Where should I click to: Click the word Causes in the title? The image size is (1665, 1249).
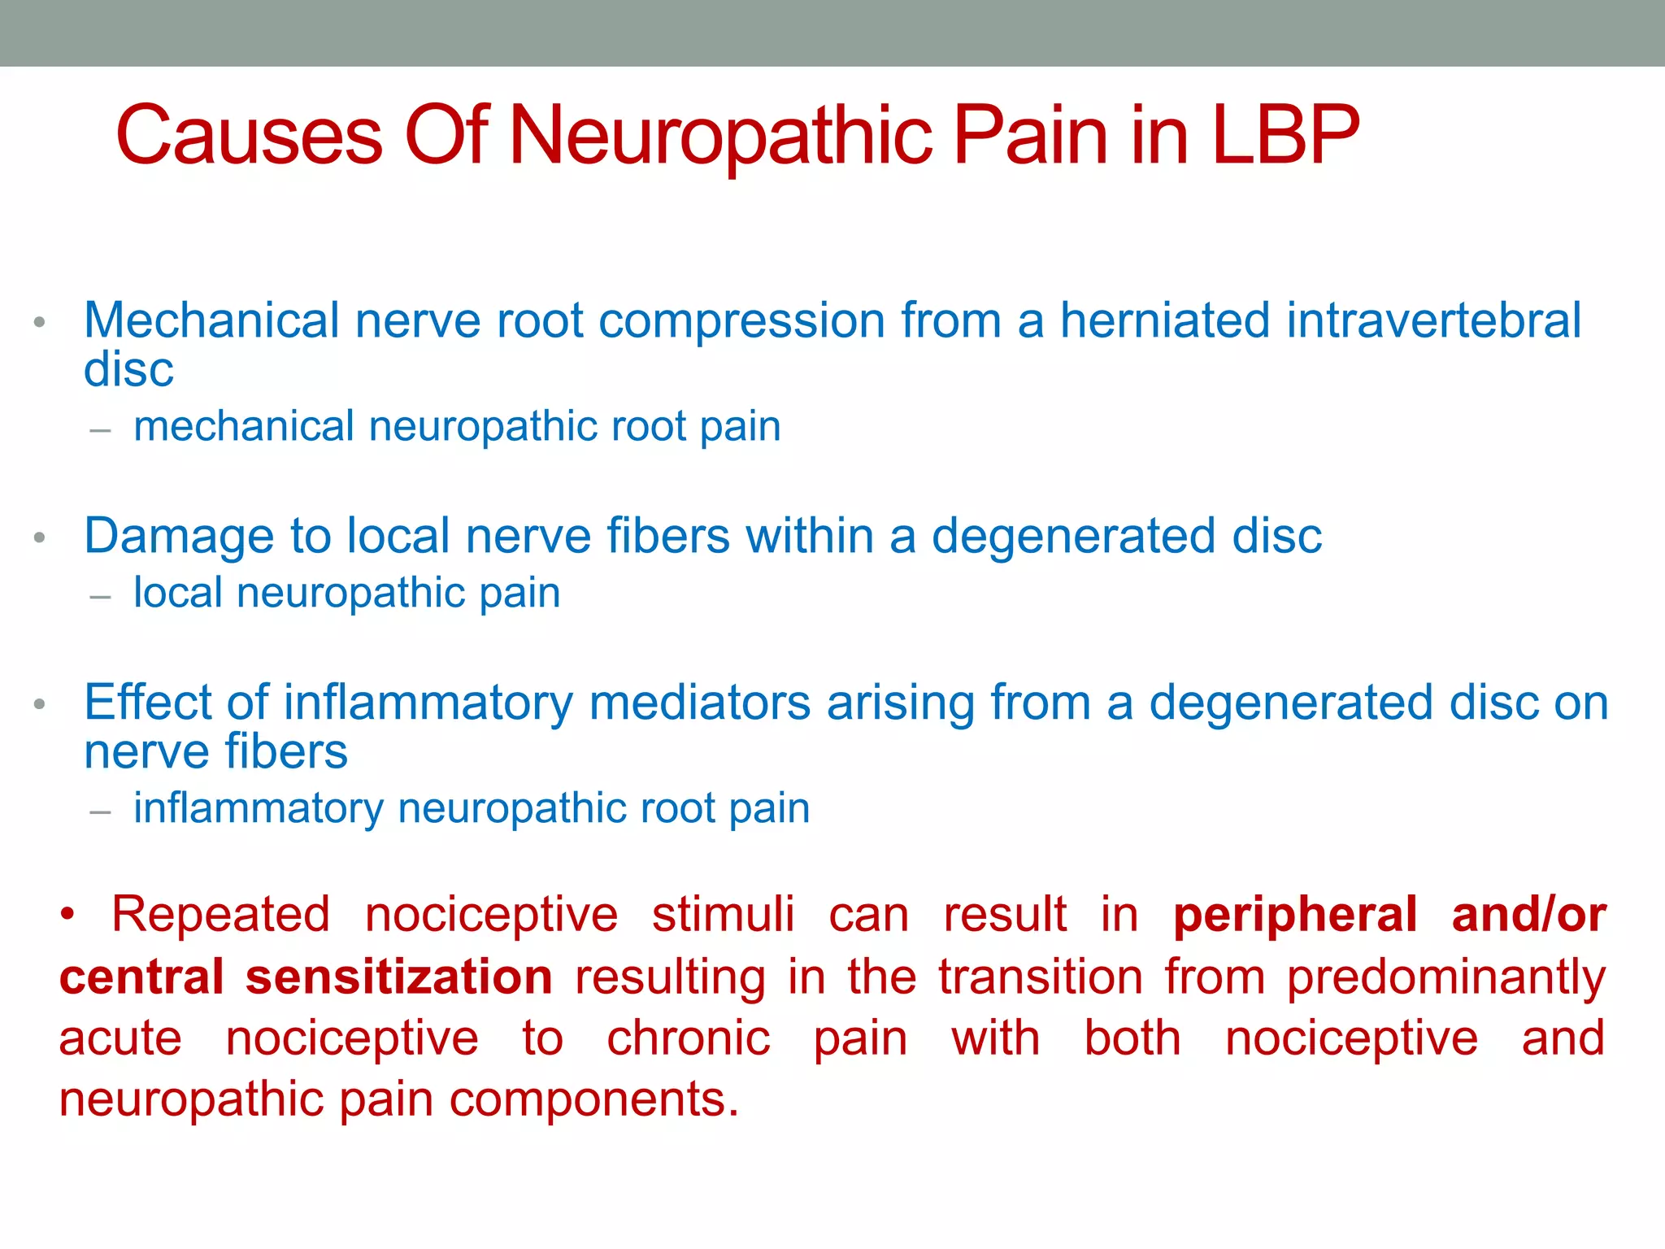point(250,135)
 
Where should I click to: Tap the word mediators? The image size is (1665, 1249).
point(700,703)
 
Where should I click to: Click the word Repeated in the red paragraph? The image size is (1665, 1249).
point(220,915)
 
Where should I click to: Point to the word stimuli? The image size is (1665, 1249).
point(723,915)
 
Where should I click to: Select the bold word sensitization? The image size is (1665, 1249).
point(398,977)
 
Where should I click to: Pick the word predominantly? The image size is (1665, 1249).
point(1446,978)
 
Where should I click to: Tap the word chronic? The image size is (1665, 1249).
point(689,1038)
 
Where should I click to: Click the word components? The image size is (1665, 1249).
point(593,1100)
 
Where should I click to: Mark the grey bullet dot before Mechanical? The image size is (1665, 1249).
point(39,324)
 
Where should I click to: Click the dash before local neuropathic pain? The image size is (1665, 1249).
point(100,597)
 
